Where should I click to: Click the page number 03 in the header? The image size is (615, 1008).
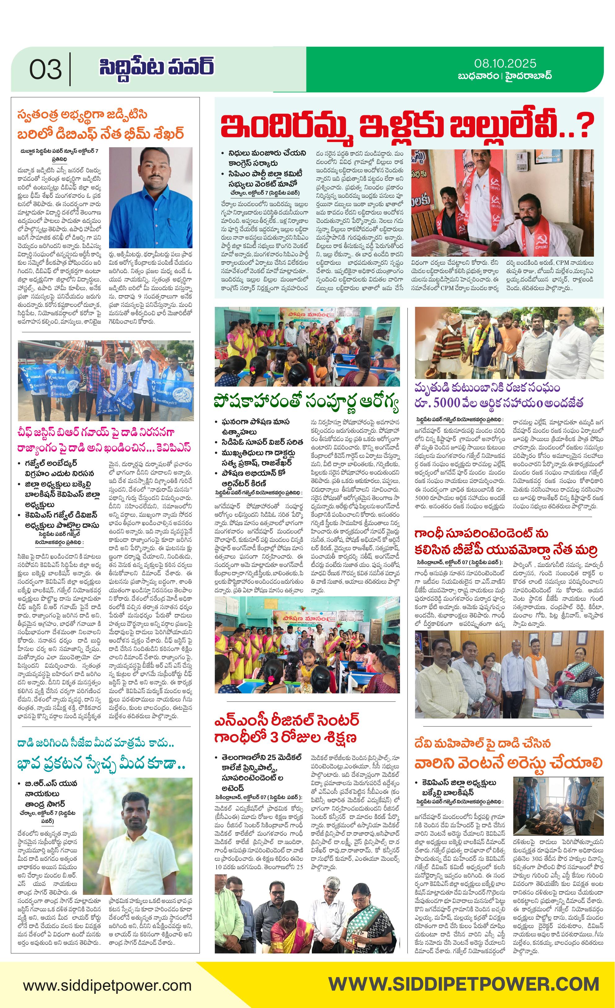[45, 69]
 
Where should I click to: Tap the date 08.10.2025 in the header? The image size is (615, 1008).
[505, 64]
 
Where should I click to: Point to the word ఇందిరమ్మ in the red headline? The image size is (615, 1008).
[287, 126]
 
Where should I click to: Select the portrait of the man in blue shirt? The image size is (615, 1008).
[151, 197]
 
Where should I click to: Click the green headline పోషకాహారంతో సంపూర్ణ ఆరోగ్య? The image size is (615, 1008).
[306, 402]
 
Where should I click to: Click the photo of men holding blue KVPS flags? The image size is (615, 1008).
[106, 380]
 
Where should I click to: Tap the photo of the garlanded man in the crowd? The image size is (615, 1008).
[509, 343]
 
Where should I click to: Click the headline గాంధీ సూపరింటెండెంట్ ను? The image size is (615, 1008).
[481, 533]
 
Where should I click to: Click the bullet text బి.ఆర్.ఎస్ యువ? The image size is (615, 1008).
[51, 783]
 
